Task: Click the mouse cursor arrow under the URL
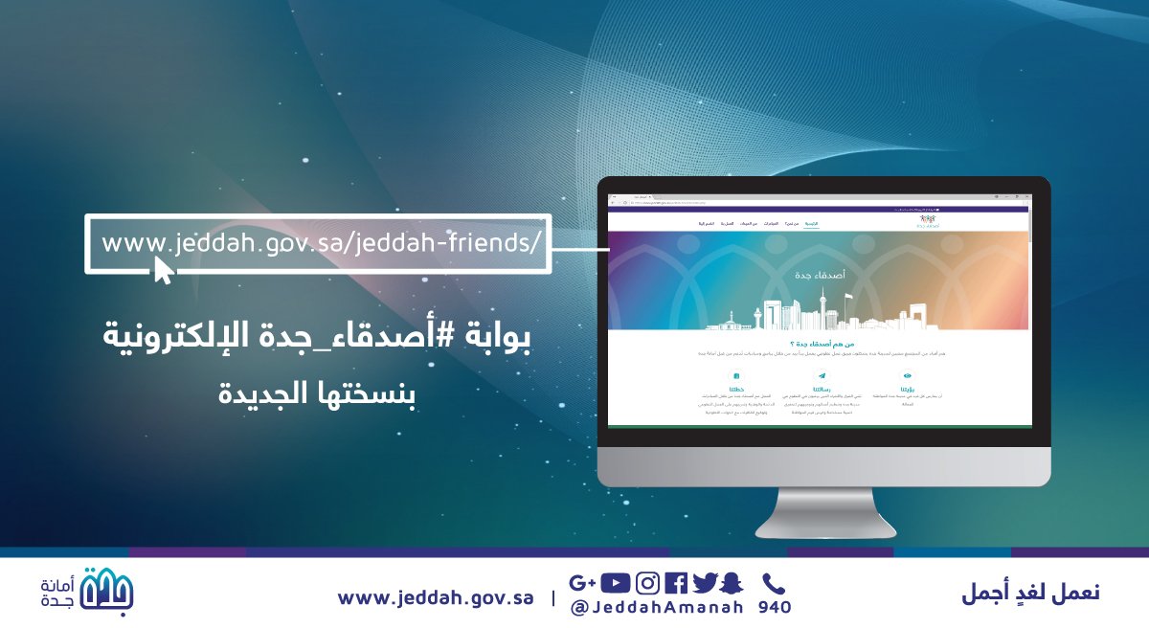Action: pos(164,271)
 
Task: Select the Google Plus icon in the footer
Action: pos(582,582)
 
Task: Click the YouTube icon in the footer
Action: pos(617,582)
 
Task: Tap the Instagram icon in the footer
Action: pos(648,582)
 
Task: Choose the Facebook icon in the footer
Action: pos(676,582)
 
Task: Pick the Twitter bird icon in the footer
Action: pos(706,582)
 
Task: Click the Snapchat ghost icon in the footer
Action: pos(732,582)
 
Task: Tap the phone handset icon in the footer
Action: pos(773,582)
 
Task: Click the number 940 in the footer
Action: pos(775,608)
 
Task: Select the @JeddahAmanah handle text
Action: pos(657,608)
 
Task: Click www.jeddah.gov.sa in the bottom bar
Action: pos(435,597)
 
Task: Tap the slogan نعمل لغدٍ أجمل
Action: pos(1030,594)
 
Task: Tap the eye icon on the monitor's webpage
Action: pos(907,376)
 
